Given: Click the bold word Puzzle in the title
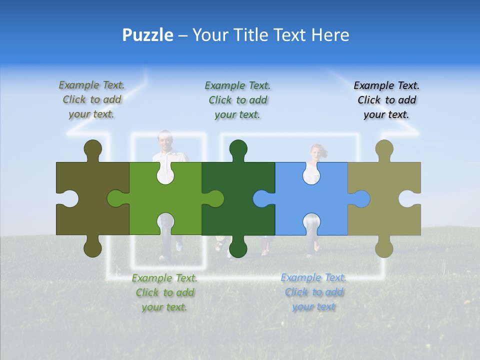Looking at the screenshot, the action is point(148,35).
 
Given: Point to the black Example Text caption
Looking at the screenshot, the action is point(386,100).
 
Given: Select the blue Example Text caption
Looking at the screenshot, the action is point(313,292).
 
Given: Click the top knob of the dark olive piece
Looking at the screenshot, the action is point(92,149).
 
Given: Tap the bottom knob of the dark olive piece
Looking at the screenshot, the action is point(92,247).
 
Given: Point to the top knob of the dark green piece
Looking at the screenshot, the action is point(238,149).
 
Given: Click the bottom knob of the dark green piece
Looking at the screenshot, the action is point(238,247).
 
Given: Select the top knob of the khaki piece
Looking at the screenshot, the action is point(384,149).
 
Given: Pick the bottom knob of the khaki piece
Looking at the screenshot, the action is point(384,247).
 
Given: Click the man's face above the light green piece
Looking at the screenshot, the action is point(165,139).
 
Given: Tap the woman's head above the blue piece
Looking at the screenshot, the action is point(316,151).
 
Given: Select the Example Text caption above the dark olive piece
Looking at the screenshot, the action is point(91,100).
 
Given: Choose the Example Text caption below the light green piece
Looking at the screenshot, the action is point(164,292).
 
